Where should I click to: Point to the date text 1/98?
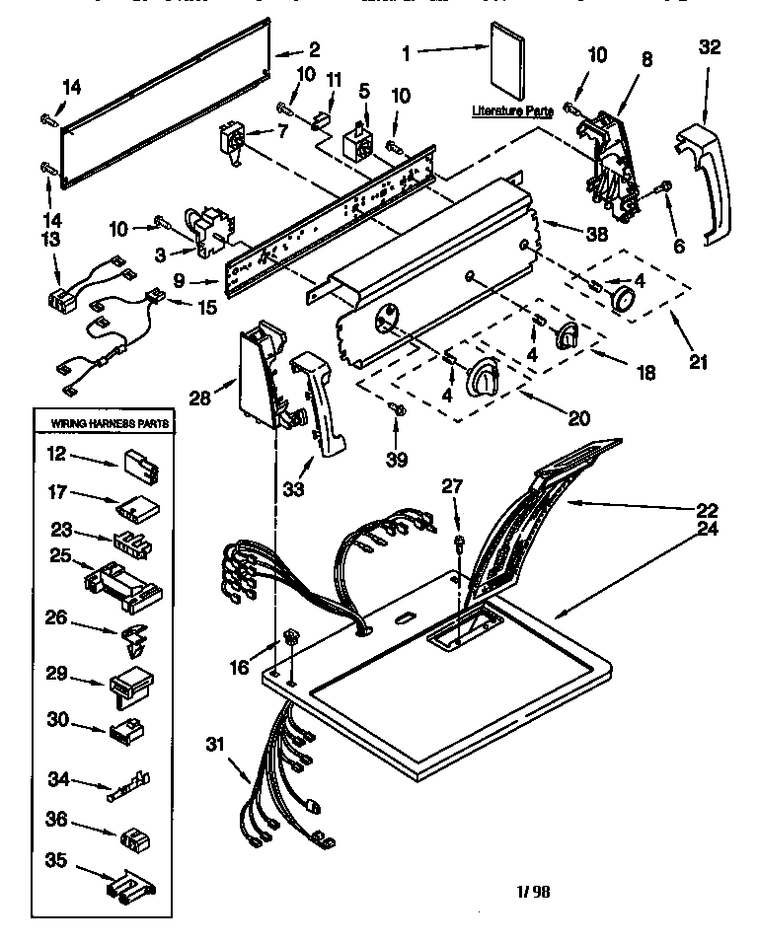coord(534,892)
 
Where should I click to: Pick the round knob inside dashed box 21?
coord(622,300)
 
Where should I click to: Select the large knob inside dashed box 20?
coord(484,376)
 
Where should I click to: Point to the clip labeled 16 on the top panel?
coord(291,639)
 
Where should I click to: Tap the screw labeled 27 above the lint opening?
coord(460,542)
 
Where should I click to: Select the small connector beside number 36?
coord(133,838)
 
